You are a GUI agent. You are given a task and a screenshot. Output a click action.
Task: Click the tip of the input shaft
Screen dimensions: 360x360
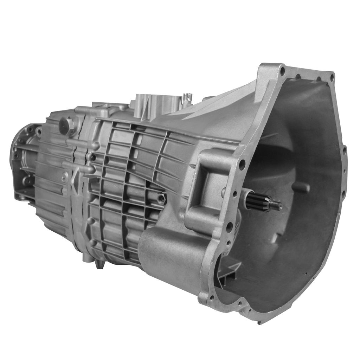279,206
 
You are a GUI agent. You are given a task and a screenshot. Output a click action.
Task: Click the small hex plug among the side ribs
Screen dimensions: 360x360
162,199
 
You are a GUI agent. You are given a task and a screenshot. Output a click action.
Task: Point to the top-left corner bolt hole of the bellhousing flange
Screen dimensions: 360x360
282,72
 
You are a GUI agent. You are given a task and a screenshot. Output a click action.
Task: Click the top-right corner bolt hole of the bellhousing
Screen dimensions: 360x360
331,76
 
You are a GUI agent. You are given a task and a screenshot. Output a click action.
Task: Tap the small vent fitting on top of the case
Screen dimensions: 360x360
188,96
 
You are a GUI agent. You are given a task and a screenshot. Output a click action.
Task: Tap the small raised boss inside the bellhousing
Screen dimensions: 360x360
301,186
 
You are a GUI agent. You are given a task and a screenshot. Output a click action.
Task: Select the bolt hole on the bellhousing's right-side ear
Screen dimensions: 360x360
343,151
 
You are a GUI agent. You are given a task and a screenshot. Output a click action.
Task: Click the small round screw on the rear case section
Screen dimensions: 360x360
65,178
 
